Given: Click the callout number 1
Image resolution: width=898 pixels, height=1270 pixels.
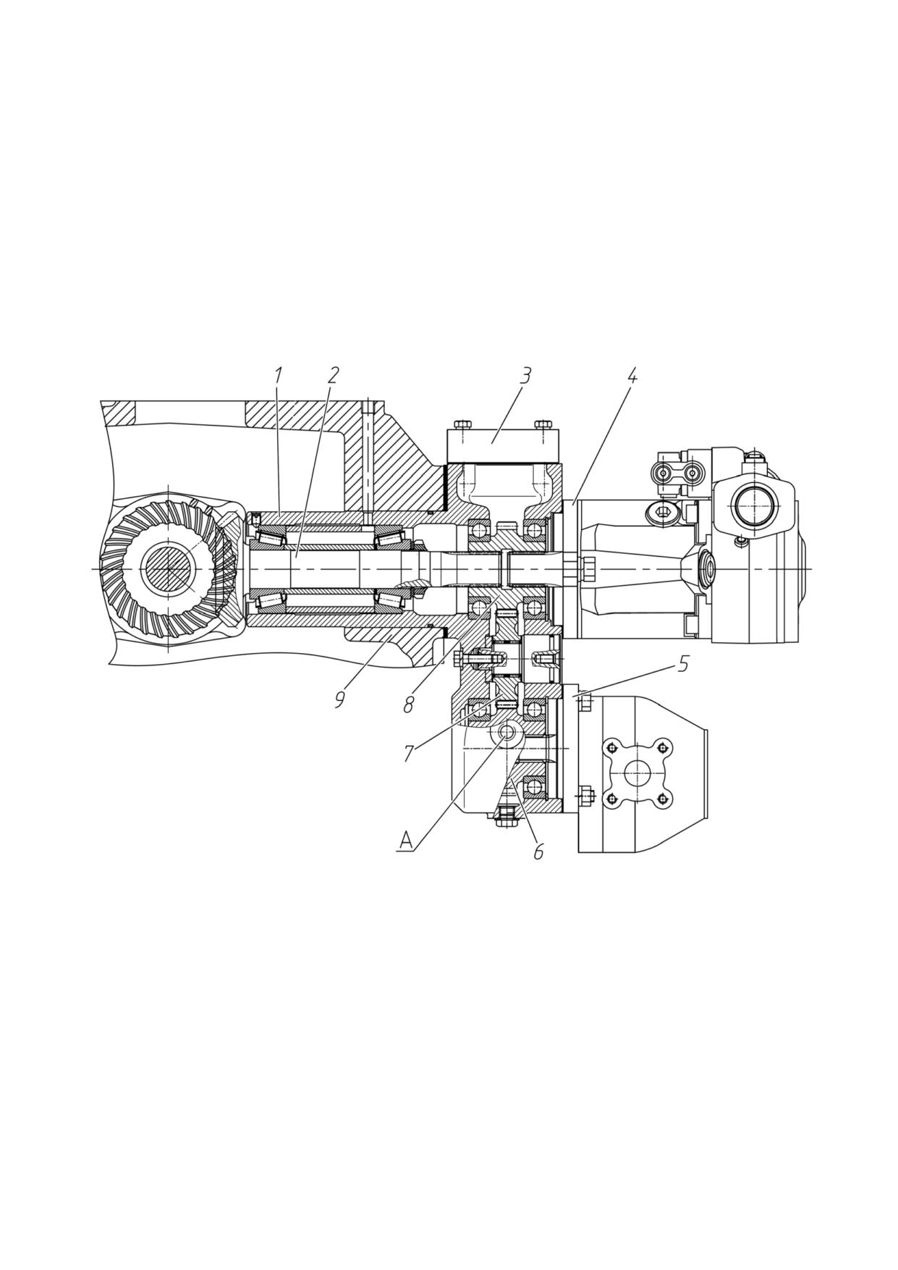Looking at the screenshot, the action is (x=278, y=376).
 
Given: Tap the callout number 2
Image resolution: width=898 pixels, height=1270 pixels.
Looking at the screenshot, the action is (x=333, y=376).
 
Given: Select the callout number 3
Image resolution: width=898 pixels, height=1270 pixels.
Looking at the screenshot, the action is (x=526, y=376).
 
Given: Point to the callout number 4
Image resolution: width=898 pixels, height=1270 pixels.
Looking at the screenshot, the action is (x=632, y=376).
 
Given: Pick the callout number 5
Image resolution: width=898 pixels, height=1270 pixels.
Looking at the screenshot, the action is (x=683, y=664).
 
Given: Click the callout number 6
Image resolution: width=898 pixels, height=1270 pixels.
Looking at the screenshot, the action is (x=538, y=852).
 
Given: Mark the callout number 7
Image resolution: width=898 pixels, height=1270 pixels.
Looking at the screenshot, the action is (x=408, y=754).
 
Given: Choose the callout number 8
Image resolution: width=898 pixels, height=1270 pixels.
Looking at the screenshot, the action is (x=408, y=705).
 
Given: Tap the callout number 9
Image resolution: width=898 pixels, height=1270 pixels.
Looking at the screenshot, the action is (x=339, y=699).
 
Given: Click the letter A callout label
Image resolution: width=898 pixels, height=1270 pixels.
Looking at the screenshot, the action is (x=406, y=841).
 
